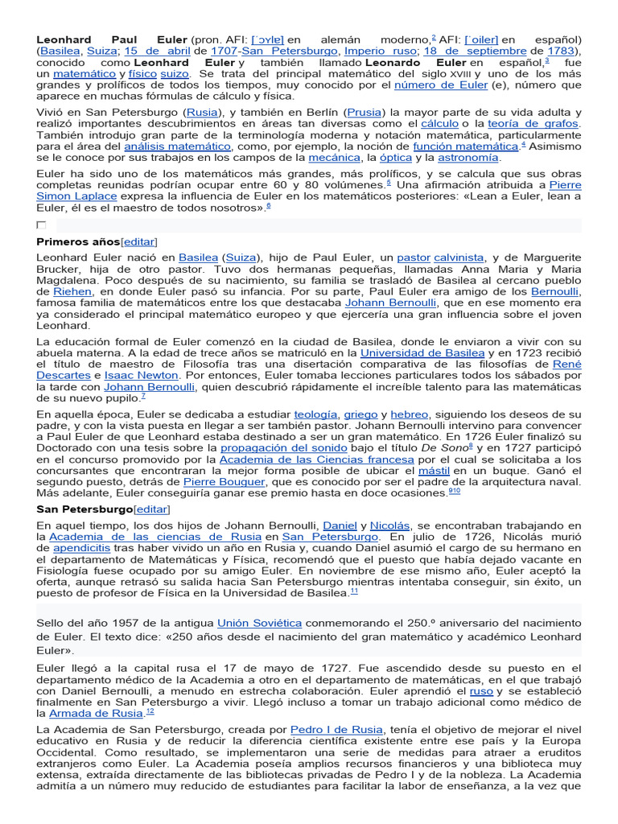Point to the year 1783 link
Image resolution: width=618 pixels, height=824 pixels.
coord(562,51)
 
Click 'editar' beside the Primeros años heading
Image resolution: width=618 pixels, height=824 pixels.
coord(138,241)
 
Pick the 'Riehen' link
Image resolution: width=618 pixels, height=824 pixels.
coord(72,291)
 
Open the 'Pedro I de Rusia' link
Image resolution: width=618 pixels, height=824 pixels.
coord(336,730)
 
